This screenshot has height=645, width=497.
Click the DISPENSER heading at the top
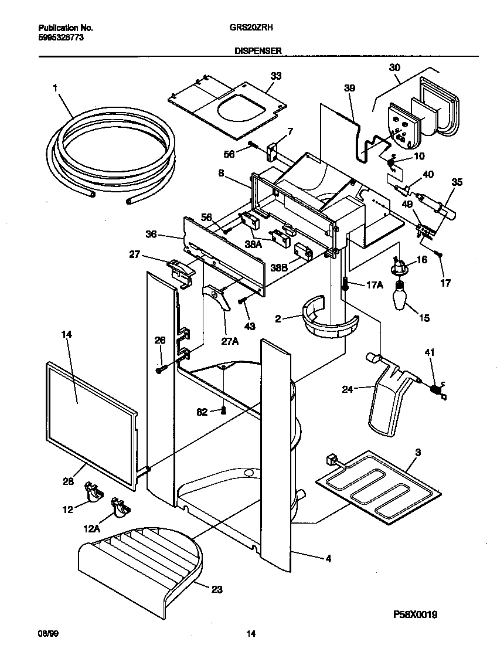pyautogui.click(x=258, y=51)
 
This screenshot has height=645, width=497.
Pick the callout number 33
pyautogui.click(x=275, y=76)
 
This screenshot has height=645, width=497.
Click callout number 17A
pyautogui.click(x=375, y=285)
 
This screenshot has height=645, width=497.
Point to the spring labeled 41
pyautogui.click(x=436, y=388)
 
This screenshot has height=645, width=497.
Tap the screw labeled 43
pyautogui.click(x=241, y=302)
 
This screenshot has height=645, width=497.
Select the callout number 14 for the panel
pyautogui.click(x=66, y=334)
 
